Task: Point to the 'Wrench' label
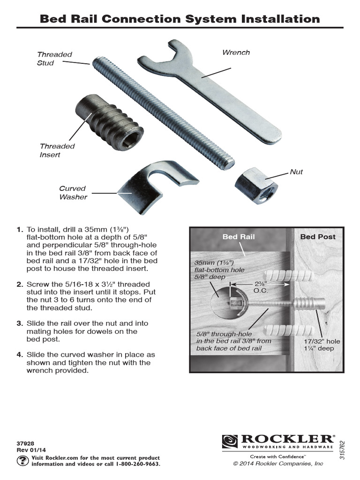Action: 236,52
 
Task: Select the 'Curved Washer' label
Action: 73,193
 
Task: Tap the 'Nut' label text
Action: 296,172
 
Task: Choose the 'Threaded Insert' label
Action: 57,150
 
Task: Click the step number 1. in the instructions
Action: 19,230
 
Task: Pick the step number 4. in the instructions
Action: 19,355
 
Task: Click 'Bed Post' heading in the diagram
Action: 318,237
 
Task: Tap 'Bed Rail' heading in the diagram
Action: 239,237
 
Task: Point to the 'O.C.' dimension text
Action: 260,291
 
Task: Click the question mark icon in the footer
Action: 22,460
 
